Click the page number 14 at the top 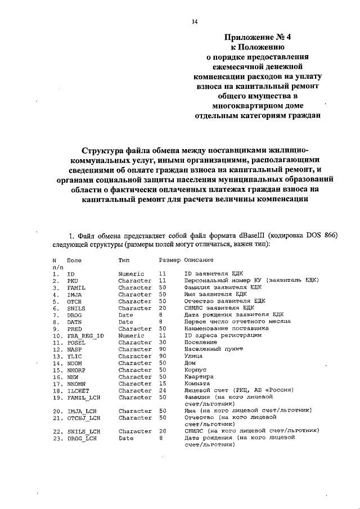tap(194, 21)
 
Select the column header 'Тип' tap(124, 261)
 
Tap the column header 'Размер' tap(169, 261)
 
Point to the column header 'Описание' tap(199, 261)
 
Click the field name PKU tap(72, 280)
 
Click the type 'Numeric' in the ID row tap(132, 273)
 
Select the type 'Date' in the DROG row tap(125, 315)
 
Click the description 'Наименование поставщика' tap(222, 328)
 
